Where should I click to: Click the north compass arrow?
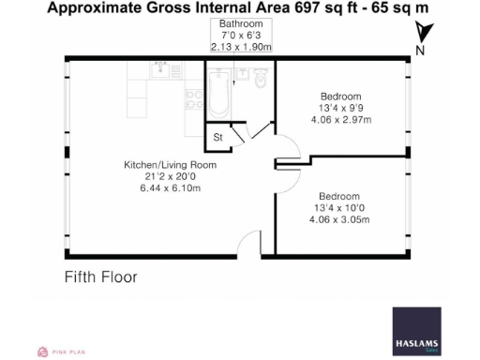422,37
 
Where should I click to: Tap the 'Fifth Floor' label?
100,277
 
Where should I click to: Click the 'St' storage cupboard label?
217,139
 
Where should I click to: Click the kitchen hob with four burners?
193,97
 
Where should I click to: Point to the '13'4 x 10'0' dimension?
339,208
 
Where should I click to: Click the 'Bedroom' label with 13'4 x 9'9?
339,97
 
